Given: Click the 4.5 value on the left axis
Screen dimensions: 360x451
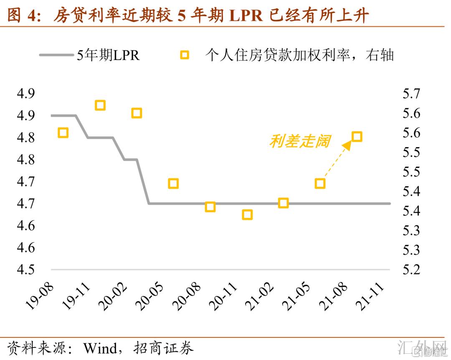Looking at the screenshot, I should click(x=25, y=269).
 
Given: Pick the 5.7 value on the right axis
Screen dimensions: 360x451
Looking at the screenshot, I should click(x=411, y=94).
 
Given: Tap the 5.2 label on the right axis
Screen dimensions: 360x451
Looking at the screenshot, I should click(x=411, y=269).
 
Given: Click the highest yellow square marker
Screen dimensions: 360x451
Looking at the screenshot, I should click(x=100, y=105).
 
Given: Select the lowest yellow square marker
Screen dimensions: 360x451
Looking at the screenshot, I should click(x=247, y=215).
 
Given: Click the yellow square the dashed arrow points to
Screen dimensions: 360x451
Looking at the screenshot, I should click(x=357, y=137).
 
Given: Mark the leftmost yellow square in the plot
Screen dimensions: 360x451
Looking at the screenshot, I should click(x=63, y=133).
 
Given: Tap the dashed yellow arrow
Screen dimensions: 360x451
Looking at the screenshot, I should click(x=336, y=161).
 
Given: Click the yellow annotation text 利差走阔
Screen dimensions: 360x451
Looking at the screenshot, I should click(x=299, y=141).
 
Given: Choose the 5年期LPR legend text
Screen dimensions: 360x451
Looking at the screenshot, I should click(x=108, y=55).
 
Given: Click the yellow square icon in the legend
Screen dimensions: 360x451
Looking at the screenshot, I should click(x=184, y=55).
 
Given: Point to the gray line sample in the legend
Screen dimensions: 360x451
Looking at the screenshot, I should click(x=56, y=55).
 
